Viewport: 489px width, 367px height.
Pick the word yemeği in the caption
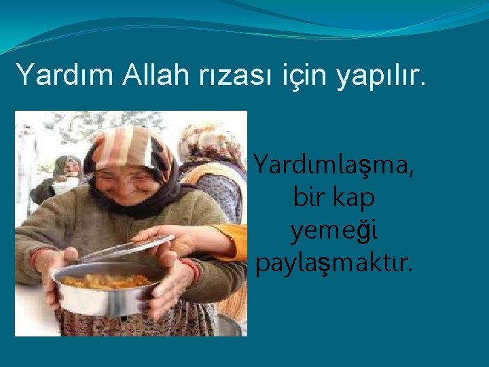click(x=334, y=232)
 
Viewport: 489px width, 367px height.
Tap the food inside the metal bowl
click(x=109, y=280)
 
